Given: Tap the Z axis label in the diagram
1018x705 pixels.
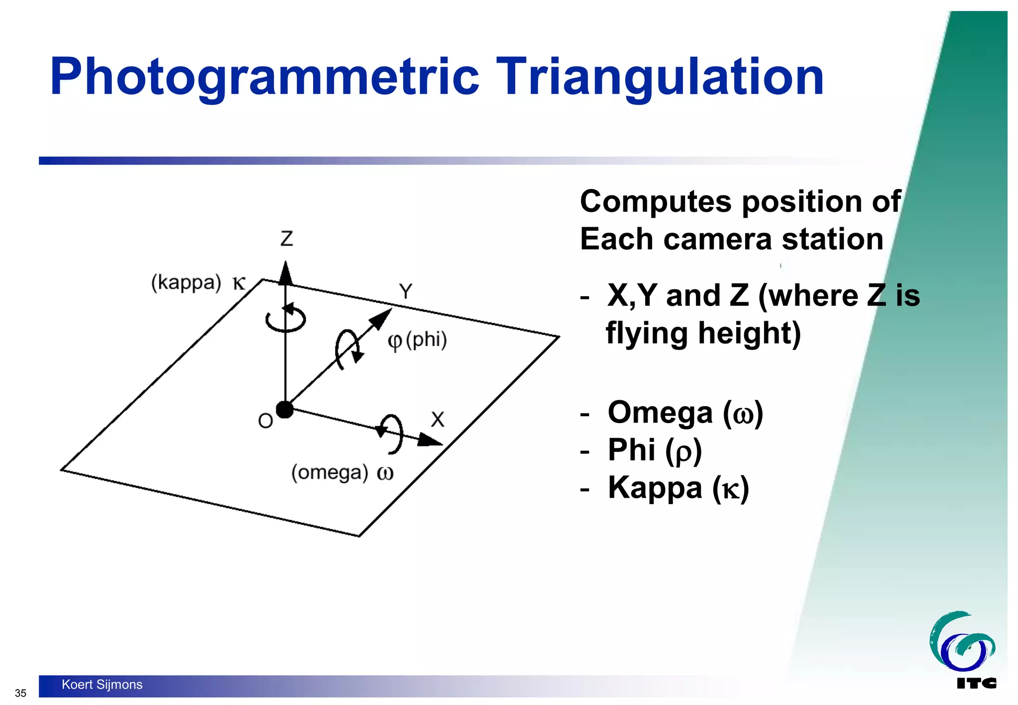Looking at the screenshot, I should [x=287, y=239].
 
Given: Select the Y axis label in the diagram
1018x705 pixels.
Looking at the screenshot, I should [x=406, y=291].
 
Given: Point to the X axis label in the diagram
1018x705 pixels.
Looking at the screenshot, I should [x=437, y=420].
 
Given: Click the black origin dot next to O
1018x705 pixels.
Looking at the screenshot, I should [x=285, y=410].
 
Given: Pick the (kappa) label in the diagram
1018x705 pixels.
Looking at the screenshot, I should [x=186, y=283].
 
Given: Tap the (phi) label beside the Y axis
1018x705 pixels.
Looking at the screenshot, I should [x=426, y=340].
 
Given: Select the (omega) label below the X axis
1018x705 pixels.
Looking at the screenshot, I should [x=330, y=472].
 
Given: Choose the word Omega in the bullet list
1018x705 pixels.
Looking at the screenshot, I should [x=660, y=413].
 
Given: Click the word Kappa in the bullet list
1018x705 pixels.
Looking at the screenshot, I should [x=655, y=487].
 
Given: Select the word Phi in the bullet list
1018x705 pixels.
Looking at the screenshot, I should [x=631, y=450].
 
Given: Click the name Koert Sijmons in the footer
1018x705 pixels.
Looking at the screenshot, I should [x=102, y=685].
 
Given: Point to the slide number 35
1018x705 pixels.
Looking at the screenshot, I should [x=20, y=693].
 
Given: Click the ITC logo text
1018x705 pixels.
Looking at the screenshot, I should [x=976, y=684].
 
